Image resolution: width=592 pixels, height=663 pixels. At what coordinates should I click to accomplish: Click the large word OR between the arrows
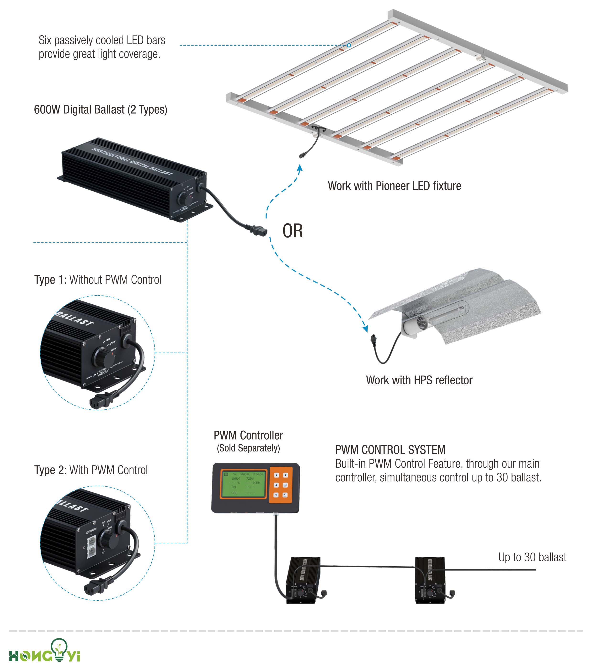click(293, 231)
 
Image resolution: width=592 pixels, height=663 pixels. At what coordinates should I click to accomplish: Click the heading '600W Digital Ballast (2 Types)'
click(101, 110)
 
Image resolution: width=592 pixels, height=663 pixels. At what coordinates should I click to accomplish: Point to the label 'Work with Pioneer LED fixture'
click(394, 186)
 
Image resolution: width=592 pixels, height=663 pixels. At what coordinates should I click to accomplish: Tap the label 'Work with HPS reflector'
click(419, 380)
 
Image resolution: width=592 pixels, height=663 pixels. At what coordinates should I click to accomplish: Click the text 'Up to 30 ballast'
click(532, 557)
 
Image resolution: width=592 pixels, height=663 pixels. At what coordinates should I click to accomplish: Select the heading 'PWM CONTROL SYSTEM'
click(390, 450)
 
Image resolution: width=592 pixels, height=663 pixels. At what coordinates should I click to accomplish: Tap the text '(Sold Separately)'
click(248, 448)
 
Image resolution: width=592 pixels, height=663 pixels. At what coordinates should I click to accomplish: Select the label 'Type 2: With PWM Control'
click(91, 470)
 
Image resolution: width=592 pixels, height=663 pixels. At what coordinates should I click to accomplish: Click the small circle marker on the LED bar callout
click(349, 45)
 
